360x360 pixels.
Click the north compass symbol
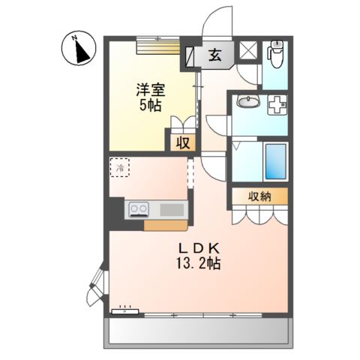click(x=79, y=49)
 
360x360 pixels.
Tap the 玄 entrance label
click(x=215, y=55)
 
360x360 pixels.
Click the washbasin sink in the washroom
click(x=248, y=102)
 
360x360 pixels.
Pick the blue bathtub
click(x=275, y=161)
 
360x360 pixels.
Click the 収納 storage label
click(x=259, y=196)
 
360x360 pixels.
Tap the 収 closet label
click(x=183, y=143)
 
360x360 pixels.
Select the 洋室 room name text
click(x=151, y=90)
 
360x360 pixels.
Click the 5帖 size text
click(x=150, y=105)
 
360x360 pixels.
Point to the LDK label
click(x=199, y=248)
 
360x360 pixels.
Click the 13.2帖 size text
click(x=199, y=263)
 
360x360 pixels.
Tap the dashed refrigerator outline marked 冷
click(x=120, y=167)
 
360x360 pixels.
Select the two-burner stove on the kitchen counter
click(x=139, y=209)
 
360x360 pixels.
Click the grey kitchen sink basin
click(x=172, y=209)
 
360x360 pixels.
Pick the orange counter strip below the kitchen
click(x=166, y=225)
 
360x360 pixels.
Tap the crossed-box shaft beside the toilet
click(x=248, y=50)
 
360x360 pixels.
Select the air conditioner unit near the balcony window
click(x=124, y=311)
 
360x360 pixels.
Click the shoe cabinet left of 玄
click(x=190, y=56)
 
